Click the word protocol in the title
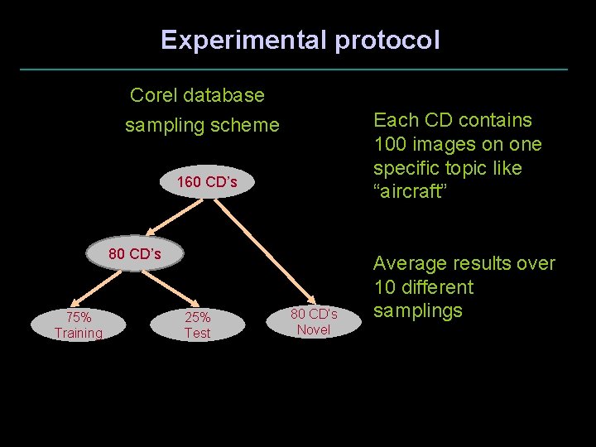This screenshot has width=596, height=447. (388, 40)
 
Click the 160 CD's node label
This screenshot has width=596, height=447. (207, 182)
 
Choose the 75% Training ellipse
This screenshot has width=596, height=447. (78, 324)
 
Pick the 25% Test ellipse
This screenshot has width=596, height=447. (197, 324)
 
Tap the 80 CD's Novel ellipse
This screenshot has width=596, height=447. (314, 321)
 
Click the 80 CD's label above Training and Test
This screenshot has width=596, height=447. (135, 253)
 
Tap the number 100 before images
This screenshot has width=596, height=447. (390, 144)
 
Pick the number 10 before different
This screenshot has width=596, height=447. (385, 287)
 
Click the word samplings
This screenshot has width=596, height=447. (417, 311)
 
